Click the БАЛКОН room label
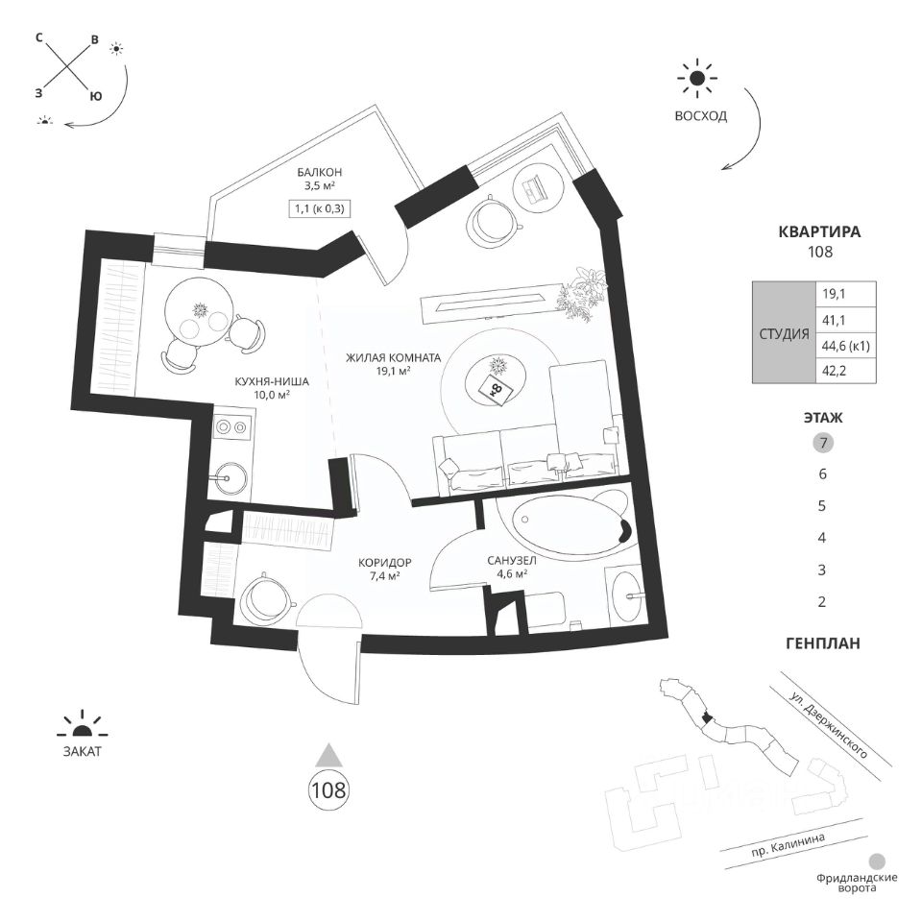(x=321, y=172)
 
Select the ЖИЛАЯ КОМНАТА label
(x=394, y=357)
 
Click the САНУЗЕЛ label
(x=510, y=562)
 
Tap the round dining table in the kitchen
(x=200, y=311)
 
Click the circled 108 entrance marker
(x=328, y=791)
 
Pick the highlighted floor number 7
(x=821, y=443)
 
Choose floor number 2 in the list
(x=821, y=603)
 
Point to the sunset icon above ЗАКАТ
(x=81, y=725)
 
